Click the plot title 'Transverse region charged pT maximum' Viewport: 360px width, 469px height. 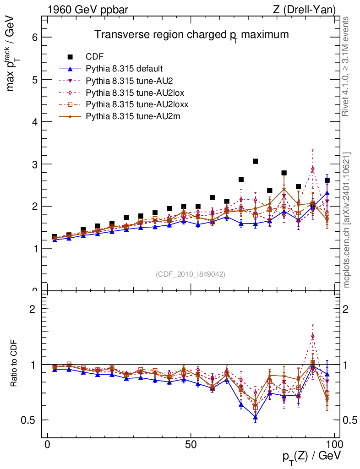coord(191,35)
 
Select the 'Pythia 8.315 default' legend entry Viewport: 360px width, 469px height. coord(124,69)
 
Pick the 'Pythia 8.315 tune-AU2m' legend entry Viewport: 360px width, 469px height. coord(133,117)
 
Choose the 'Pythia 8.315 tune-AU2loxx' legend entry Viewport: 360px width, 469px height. coord(137,105)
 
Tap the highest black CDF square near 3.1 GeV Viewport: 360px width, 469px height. coord(255,161)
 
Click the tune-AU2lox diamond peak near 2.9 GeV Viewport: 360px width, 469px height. coord(312,169)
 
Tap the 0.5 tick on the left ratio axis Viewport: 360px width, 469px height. coord(30,420)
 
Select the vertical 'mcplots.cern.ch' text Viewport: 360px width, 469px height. coord(347,220)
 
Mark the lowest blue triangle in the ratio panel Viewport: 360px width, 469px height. coord(255,417)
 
